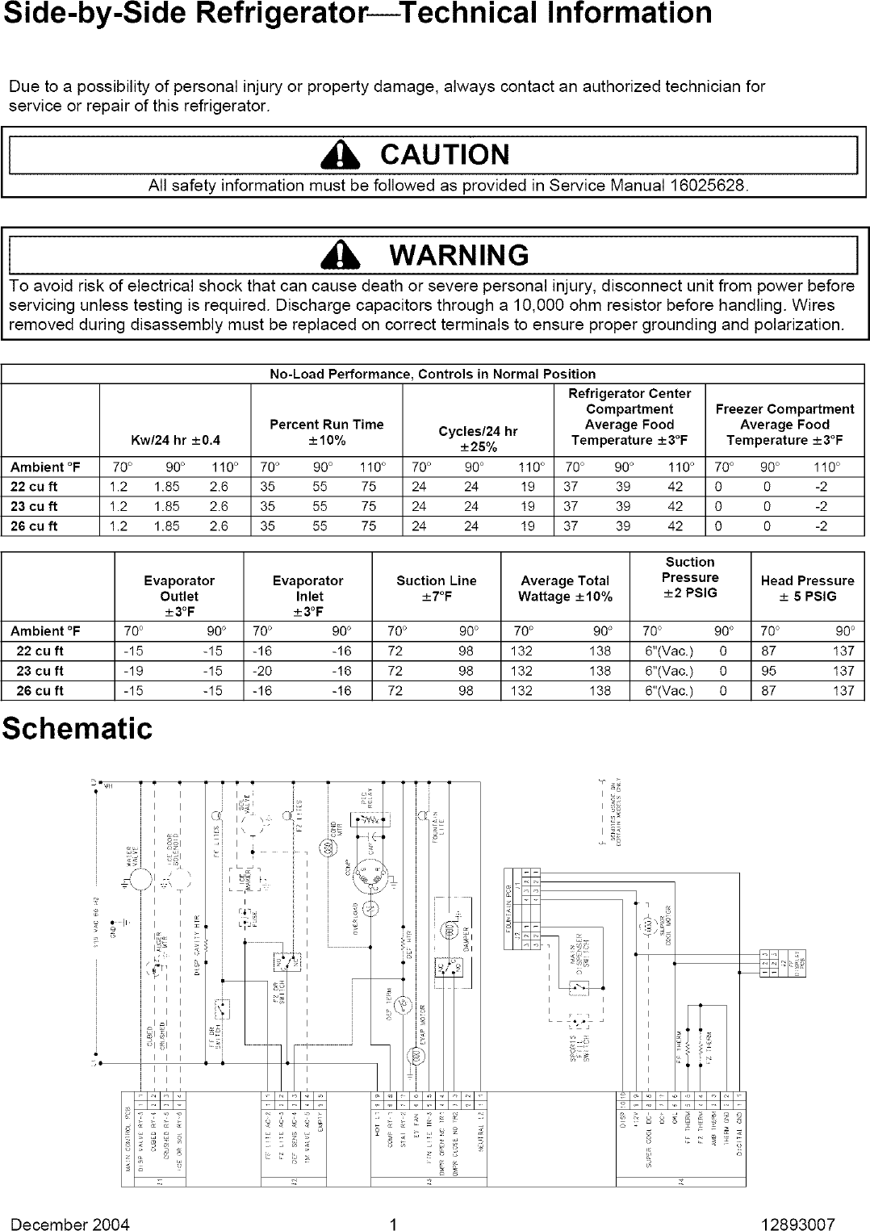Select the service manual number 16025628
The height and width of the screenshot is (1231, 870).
tap(706, 186)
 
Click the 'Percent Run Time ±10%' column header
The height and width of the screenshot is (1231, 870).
tap(327, 432)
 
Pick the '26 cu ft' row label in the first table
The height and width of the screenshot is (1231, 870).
tap(34, 526)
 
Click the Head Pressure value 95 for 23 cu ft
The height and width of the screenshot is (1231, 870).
tap(768, 671)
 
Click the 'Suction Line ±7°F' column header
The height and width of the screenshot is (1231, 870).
tap(436, 588)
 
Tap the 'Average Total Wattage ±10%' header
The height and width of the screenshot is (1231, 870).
tap(565, 588)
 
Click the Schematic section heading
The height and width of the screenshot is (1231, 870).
tap(77, 728)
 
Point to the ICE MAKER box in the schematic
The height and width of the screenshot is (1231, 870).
tap(242, 878)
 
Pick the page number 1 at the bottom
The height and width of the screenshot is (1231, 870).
tap(391, 1224)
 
